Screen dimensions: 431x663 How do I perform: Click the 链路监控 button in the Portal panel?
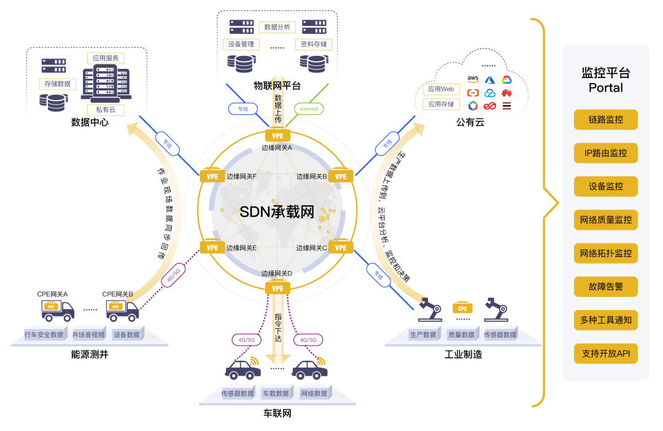tap(605, 119)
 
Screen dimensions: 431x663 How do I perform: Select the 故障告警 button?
tap(605, 287)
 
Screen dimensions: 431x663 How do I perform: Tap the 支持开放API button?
tap(605, 354)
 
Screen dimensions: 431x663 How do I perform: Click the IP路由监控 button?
tap(605, 153)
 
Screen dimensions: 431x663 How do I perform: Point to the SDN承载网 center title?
tap(276, 213)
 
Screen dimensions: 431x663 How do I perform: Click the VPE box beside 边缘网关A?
tap(277, 135)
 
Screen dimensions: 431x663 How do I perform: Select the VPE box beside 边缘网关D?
tap(277, 288)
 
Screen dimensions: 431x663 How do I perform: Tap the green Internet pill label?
tap(308, 109)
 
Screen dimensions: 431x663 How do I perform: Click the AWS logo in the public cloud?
tap(473, 79)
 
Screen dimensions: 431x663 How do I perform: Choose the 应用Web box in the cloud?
tap(441, 89)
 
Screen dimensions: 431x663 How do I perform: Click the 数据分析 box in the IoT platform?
tap(277, 27)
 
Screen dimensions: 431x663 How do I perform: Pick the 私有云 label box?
tap(105, 109)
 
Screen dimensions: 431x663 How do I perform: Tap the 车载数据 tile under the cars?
tap(276, 393)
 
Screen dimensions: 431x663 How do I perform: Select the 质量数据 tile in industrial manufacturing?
tap(461, 335)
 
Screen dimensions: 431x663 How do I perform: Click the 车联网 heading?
tap(277, 414)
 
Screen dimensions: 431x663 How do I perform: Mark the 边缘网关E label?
tap(241, 248)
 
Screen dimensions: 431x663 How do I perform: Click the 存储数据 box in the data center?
tap(58, 84)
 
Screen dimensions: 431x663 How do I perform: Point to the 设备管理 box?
tap(241, 44)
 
